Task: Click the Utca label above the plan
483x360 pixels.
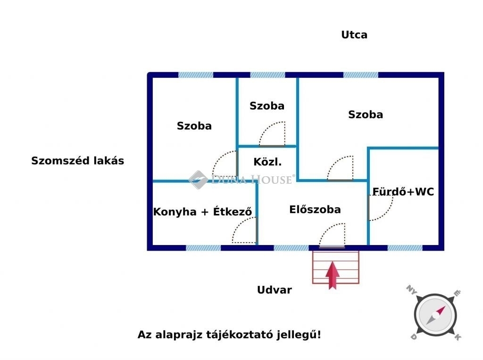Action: coord(354,35)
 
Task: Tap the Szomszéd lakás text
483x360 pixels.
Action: coord(78,161)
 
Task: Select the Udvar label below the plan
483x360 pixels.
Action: coord(275,290)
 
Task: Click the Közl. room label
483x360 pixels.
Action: coord(267,162)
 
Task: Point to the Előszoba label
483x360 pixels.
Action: coord(315,210)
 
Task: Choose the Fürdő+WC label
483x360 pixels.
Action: coord(403,192)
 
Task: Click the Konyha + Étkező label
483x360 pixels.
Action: coord(202,212)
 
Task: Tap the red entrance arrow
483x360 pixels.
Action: coord(333,275)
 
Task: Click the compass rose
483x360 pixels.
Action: coord(435,315)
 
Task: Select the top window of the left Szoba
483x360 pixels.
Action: coord(196,75)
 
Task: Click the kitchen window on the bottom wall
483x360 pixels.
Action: coord(203,248)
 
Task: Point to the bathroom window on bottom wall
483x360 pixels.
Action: coord(405,248)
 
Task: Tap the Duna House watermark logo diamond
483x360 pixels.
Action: coord(198,180)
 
